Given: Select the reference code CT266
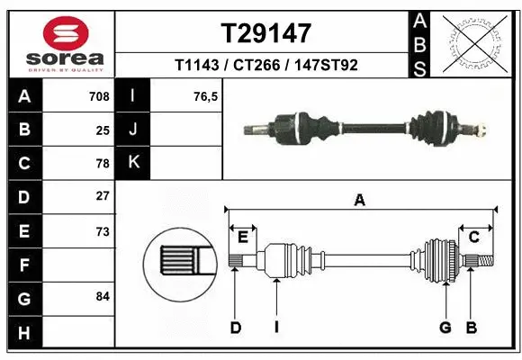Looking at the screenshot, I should [x=266, y=65].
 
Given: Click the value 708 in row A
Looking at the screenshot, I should [x=99, y=96].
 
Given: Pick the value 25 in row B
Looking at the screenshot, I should [x=103, y=130].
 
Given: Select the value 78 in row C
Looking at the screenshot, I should [x=103, y=164].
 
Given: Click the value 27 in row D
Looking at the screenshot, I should [x=103, y=196].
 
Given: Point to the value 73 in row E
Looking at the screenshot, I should [x=103, y=230].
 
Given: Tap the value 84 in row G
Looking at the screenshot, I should [x=103, y=296].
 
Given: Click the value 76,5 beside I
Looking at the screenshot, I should [x=206, y=96].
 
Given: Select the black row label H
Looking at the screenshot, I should [x=23, y=333].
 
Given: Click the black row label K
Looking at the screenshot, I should [x=133, y=163].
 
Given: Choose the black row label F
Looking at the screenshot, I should [x=23, y=265].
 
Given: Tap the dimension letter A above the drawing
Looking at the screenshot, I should [x=360, y=201].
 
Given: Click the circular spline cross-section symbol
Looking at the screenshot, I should [x=180, y=261].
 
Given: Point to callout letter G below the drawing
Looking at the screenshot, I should [x=444, y=328].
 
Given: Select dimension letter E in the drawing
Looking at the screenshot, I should [x=242, y=237].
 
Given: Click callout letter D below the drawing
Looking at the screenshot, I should [x=235, y=328].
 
